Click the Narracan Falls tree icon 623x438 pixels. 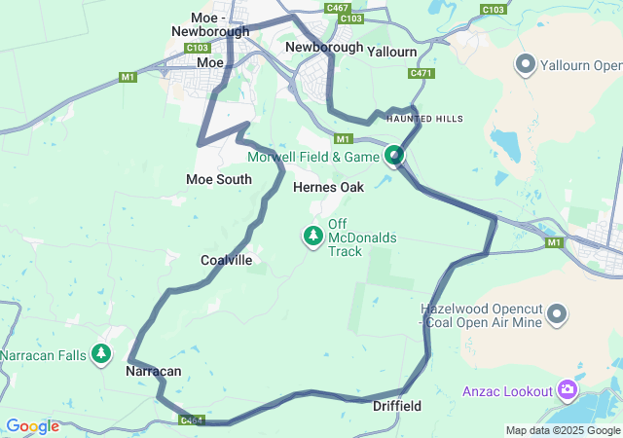point(101,354)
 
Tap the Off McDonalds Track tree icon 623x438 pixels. point(313,237)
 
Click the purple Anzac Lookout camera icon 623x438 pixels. point(568,390)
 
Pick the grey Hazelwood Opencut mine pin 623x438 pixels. point(557,313)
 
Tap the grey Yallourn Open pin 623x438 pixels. point(526,65)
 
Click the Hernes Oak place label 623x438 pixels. point(328,187)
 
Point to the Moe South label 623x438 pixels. point(219,179)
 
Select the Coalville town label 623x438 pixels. point(226,260)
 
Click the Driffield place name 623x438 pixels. point(397,405)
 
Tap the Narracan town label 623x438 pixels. point(154,372)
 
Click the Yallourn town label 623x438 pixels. point(393,51)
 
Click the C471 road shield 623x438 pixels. point(421,73)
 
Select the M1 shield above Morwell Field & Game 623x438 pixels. point(342,138)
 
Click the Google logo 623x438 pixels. point(32,426)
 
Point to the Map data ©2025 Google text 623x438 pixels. point(563,430)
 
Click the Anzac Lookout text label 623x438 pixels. point(505,390)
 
